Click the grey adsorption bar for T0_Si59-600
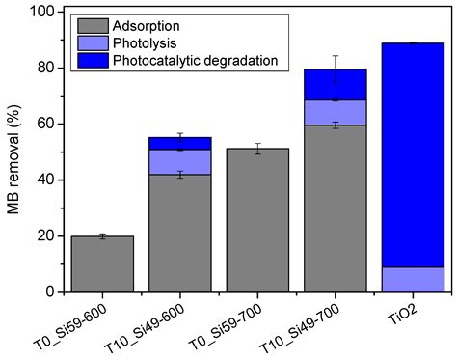point(102,263)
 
